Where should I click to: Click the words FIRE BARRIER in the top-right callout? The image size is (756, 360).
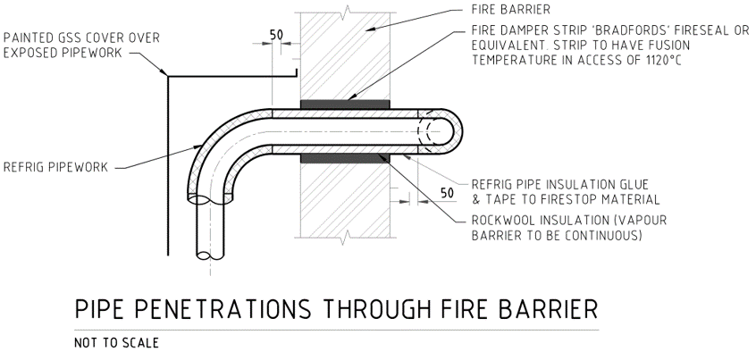pos(511,10)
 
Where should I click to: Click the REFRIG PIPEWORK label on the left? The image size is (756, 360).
pos(55,168)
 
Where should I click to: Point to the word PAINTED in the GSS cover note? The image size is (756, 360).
pos(29,38)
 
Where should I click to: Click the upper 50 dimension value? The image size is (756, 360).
pos(276,35)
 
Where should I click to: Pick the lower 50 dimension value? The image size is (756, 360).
pos(448,193)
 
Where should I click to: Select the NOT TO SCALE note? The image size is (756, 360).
pos(116,343)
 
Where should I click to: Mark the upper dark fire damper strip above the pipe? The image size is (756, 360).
pos(345,105)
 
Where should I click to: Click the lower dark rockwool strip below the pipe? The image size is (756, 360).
pos(345,158)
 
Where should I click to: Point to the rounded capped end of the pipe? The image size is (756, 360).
pos(450,131)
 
